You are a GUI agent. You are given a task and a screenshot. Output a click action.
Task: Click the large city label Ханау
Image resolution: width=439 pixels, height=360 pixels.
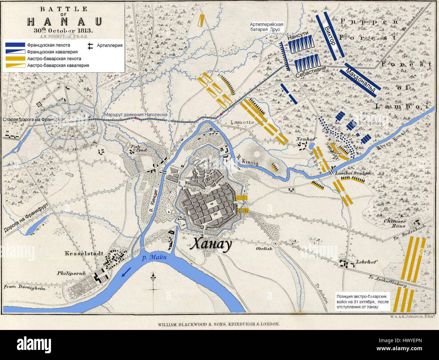[x=211, y=244]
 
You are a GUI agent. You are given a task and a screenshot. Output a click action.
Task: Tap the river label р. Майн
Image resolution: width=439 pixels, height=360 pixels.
[x=154, y=257]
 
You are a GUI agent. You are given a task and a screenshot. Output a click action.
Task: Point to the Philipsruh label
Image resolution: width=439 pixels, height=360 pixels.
[x=71, y=273]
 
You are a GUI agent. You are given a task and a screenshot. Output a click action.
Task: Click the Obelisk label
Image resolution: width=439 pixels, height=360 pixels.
[x=264, y=249]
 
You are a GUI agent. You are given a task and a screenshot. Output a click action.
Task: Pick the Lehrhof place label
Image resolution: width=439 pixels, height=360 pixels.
[x=366, y=262]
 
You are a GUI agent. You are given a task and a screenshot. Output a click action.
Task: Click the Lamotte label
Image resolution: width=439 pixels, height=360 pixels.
[x=242, y=122]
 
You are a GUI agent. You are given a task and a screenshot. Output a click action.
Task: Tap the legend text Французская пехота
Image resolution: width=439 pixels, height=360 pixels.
[x=49, y=45]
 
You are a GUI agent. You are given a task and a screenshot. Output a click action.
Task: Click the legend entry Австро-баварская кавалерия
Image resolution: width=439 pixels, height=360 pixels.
[x=58, y=65]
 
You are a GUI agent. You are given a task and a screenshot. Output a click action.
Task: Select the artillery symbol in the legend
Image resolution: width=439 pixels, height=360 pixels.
[x=90, y=46]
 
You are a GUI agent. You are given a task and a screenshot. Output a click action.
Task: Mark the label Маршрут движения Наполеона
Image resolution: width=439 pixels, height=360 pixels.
[x=135, y=115]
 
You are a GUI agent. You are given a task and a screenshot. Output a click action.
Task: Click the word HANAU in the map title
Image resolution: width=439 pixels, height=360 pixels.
[x=64, y=22]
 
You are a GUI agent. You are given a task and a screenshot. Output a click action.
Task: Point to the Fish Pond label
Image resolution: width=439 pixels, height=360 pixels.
[x=139, y=148]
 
